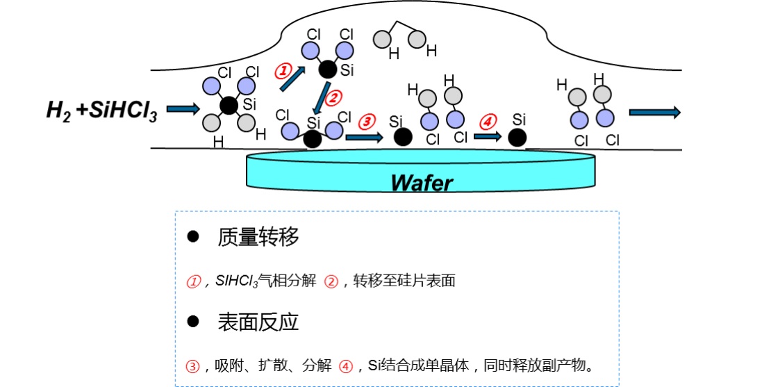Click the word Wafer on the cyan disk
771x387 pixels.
[421, 182]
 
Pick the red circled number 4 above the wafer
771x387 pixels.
[488, 121]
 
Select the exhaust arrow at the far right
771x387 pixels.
[654, 113]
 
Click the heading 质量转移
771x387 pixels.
[258, 237]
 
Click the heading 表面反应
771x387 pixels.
[258, 322]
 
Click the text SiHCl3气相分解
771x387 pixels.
[265, 281]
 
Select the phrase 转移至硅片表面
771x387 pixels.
[404, 281]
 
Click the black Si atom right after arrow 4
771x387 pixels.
[517, 138]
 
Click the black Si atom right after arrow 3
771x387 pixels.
[402, 137]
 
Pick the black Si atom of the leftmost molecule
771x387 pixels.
[227, 106]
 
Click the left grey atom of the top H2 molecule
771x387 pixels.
[381, 39]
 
